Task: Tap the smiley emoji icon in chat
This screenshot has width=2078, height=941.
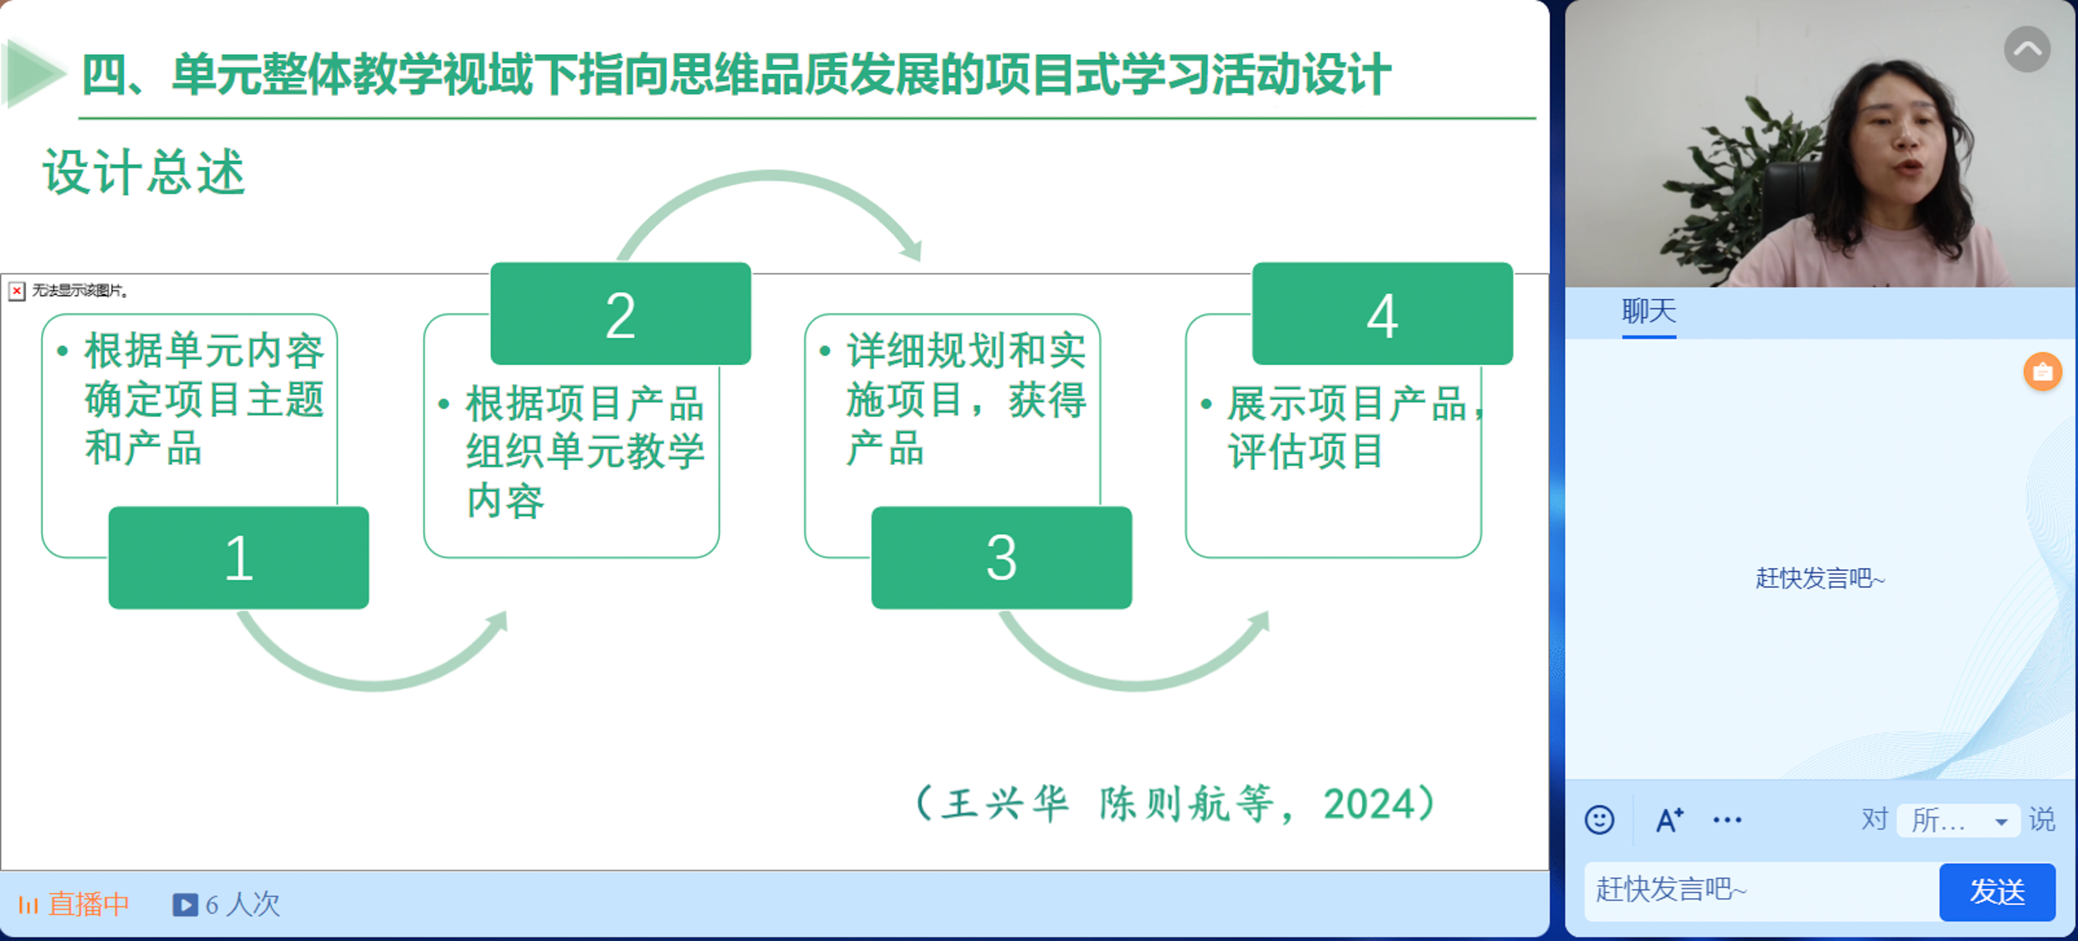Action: (1599, 820)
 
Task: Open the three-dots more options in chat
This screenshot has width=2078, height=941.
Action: (1727, 820)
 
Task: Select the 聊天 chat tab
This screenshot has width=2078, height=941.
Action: (1649, 311)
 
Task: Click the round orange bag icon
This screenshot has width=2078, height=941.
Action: (2043, 372)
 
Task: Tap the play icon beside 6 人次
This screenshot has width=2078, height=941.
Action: (185, 905)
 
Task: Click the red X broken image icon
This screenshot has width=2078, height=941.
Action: (17, 290)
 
